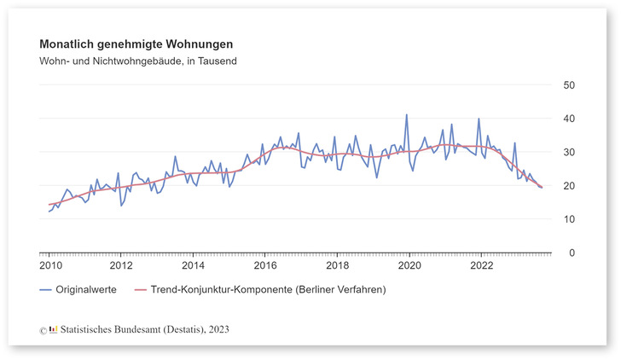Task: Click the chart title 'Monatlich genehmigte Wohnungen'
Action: pyautogui.click(x=136, y=44)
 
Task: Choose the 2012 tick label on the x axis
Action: pyautogui.click(x=121, y=264)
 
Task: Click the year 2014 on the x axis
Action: pyautogui.click(x=193, y=264)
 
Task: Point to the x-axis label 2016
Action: pyautogui.click(x=265, y=264)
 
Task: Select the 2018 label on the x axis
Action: pyautogui.click(x=337, y=264)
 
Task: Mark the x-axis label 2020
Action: pyautogui.click(x=409, y=264)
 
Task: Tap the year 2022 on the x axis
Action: pyautogui.click(x=481, y=264)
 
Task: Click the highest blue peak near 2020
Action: pyautogui.click(x=406, y=114)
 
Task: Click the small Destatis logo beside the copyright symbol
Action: pyautogui.click(x=54, y=328)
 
